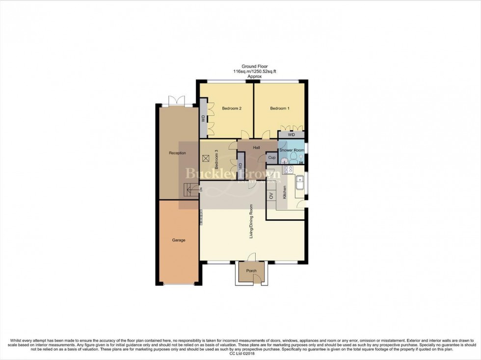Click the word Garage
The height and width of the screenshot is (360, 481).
pos(178,240)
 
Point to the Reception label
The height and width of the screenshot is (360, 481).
pos(177,153)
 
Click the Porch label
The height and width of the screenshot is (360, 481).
pos(251,271)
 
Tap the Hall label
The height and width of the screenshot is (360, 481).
pos(256,147)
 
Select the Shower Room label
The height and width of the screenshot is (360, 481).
pos(292,150)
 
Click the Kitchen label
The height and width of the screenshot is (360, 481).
pos(284,192)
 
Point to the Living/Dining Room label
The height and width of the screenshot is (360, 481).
pos(251,222)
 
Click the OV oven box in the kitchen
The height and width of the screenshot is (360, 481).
pos(270,195)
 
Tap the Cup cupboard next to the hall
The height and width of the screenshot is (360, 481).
pos(271,158)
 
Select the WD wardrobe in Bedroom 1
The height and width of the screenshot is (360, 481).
pos(292,134)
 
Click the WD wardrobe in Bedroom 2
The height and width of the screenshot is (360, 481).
pos(203,118)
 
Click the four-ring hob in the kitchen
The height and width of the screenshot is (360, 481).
pos(287,170)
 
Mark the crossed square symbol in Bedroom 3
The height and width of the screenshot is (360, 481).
pos(206,158)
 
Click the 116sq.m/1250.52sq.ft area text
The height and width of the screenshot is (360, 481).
pos(254,72)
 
